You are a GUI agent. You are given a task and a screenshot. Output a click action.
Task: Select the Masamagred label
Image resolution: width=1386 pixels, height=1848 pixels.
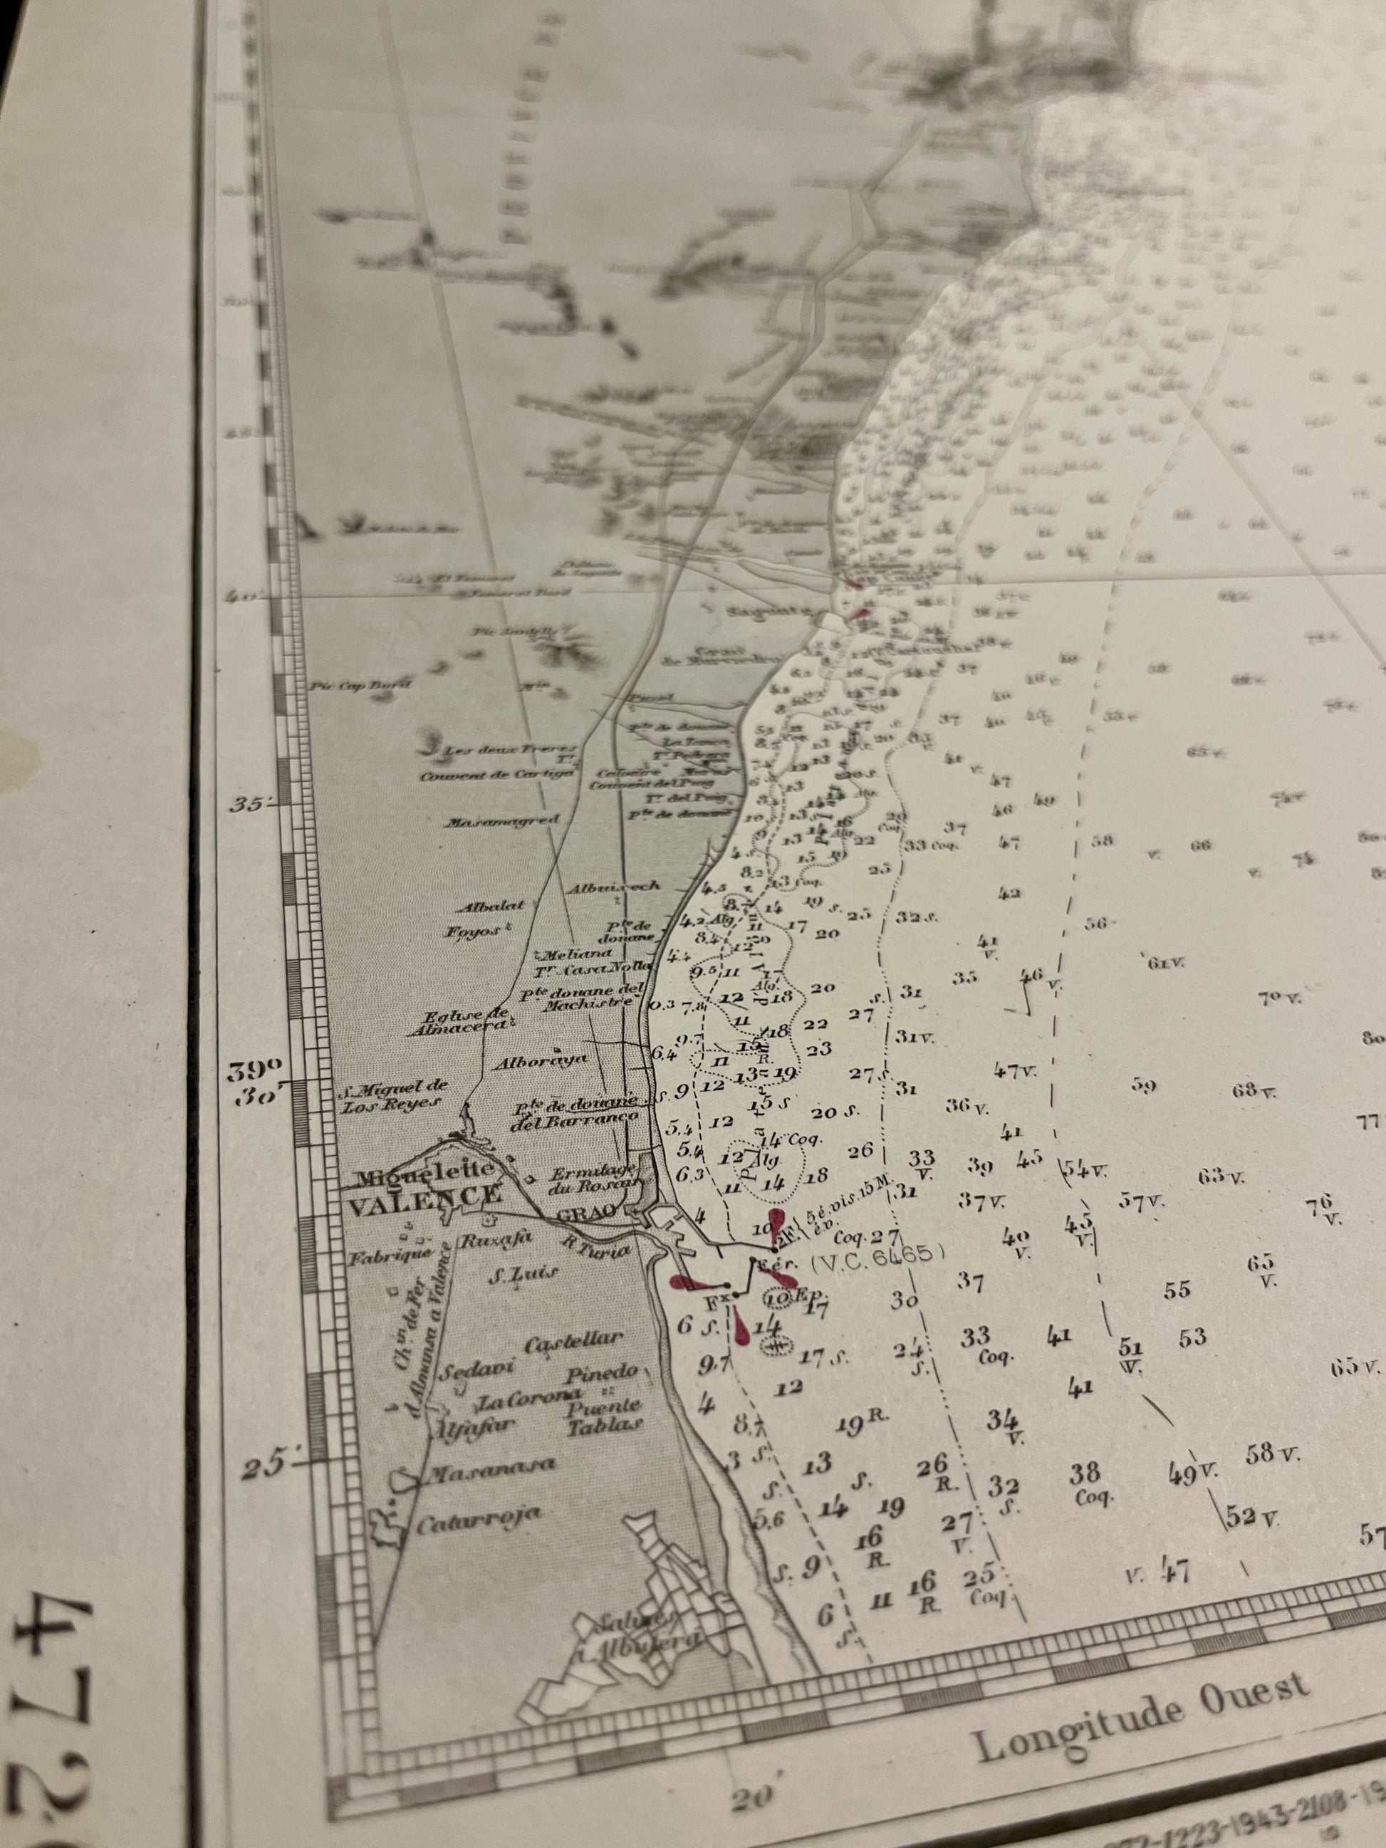coord(501,822)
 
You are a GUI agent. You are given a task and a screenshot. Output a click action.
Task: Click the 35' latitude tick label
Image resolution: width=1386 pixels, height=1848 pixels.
coord(251,805)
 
